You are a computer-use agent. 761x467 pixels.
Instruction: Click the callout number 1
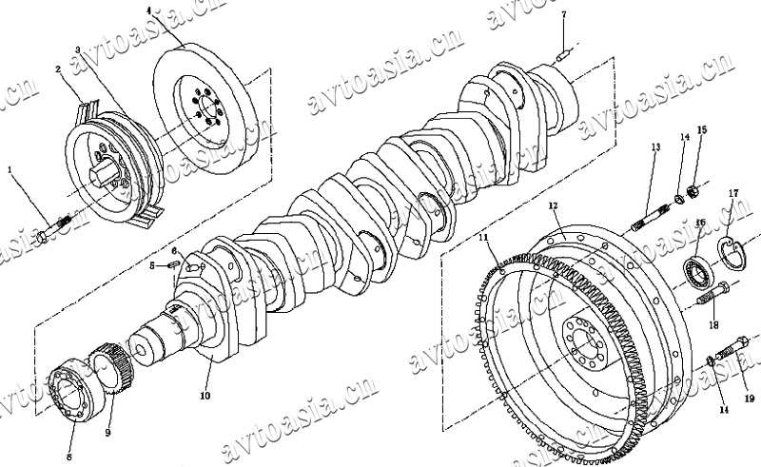click(x=10, y=170)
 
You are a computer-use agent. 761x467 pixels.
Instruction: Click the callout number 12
click(x=553, y=205)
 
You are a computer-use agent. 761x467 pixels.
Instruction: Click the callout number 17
click(x=733, y=194)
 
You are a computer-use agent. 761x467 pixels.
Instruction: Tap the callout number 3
click(x=78, y=48)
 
